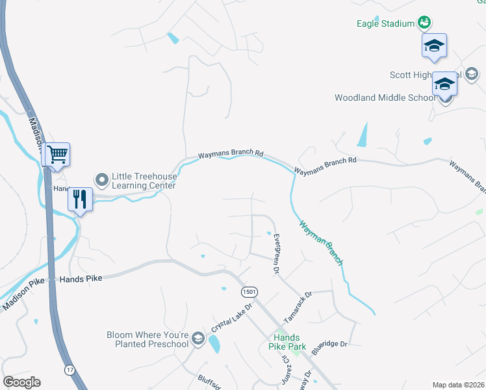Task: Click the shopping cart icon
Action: (x=57, y=155)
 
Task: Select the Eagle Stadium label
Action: (x=385, y=23)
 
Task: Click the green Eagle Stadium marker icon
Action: (x=424, y=23)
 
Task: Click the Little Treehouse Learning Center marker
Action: (x=102, y=179)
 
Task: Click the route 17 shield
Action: (x=69, y=370)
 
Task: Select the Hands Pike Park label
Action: (x=287, y=343)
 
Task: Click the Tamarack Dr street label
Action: (x=298, y=307)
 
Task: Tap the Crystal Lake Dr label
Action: (x=231, y=317)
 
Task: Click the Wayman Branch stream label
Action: (x=320, y=242)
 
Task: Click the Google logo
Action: (x=21, y=382)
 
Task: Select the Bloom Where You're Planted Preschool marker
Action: (x=198, y=339)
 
